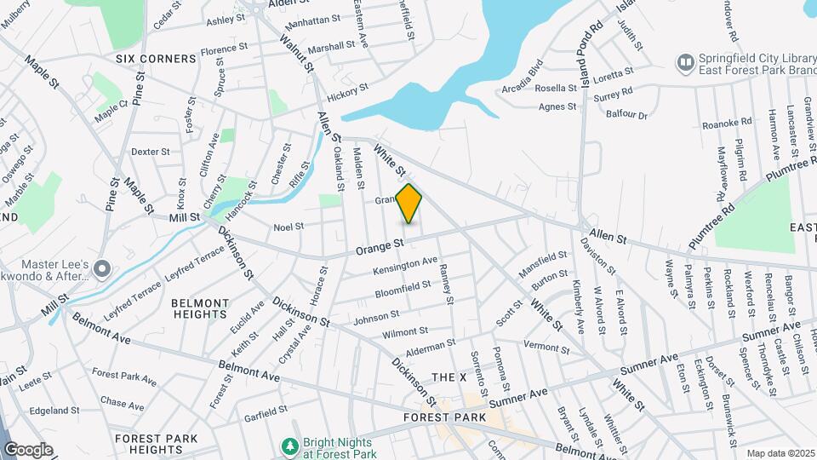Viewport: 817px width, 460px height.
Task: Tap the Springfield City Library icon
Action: click(x=684, y=62)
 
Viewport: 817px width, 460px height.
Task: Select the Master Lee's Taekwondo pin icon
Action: click(x=103, y=269)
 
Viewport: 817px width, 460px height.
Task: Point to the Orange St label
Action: click(x=380, y=246)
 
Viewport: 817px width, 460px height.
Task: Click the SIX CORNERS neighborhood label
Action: click(x=157, y=59)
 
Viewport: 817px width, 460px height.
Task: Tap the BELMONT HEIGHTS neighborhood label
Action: click(x=200, y=308)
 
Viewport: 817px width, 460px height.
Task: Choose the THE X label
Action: click(x=449, y=377)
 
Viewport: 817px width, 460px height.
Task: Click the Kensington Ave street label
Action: click(x=405, y=266)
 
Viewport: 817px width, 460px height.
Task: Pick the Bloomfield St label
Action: click(x=403, y=290)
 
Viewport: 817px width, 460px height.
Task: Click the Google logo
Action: click(x=28, y=449)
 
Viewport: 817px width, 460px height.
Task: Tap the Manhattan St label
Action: click(x=313, y=19)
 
